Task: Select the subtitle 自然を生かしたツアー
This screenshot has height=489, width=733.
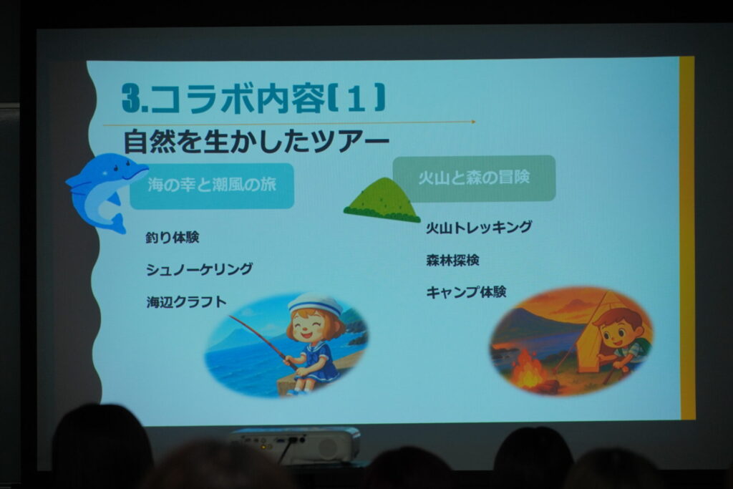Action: tap(256, 141)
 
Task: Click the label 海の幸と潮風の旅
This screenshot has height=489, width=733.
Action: tap(212, 185)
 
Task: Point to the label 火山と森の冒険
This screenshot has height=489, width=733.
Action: tap(474, 178)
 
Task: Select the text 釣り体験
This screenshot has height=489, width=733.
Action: tap(172, 238)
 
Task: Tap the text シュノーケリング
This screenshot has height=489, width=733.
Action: tap(199, 268)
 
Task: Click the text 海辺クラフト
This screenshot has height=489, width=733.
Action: tap(187, 302)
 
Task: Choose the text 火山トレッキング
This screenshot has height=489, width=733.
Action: tap(479, 227)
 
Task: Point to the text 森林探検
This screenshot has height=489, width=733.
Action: tap(452, 260)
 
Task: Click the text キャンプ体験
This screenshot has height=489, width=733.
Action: tap(466, 292)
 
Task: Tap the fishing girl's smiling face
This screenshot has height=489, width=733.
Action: tap(313, 325)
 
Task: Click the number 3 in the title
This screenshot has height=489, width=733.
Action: tap(132, 99)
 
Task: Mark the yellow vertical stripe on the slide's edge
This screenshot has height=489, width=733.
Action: tap(686, 238)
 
